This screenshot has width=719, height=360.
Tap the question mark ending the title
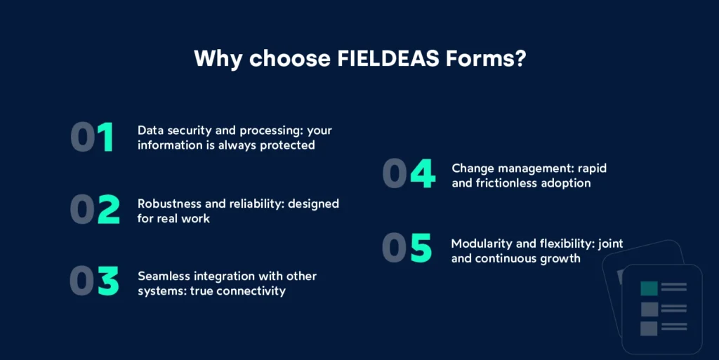519,58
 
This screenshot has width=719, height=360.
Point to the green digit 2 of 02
108,209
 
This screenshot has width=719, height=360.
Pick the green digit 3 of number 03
108,281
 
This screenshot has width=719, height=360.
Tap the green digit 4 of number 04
422,175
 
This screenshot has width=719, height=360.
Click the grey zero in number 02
83,209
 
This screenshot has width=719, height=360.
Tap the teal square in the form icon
649,288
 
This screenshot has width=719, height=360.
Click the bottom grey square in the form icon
649,328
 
